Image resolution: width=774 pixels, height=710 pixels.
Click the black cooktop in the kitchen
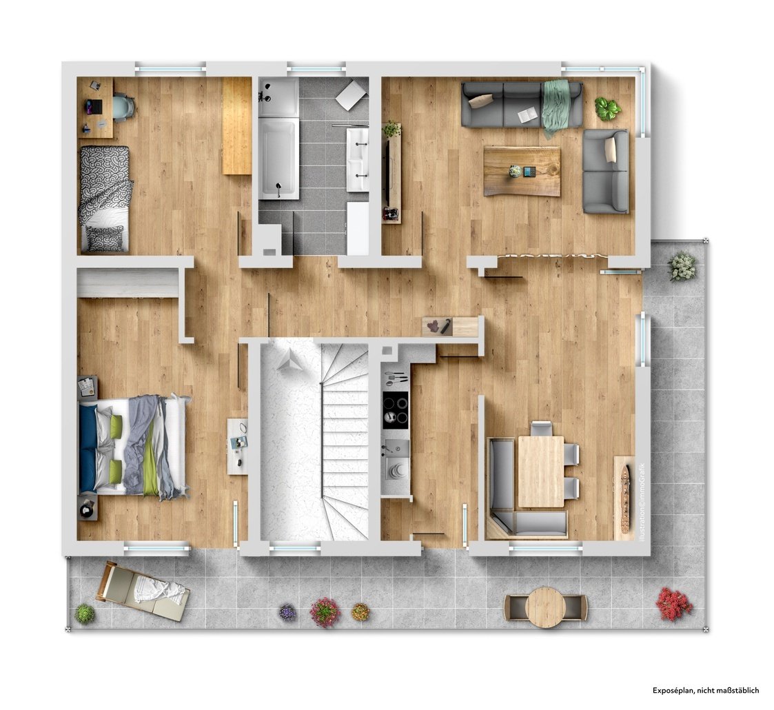tap(396, 410)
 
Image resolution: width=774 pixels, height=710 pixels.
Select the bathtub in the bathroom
tap(279, 159)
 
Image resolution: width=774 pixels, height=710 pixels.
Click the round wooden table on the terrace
tap(545, 607)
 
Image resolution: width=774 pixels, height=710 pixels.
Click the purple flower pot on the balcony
tap(287, 612)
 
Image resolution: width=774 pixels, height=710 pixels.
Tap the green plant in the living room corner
tap(608, 108)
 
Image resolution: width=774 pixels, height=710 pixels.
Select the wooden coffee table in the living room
tap(522, 172)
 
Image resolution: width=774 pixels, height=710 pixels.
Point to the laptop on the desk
tap(94, 105)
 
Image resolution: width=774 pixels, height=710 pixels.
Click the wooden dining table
tap(541, 471)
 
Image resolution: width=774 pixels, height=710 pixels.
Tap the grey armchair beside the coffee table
tap(606, 171)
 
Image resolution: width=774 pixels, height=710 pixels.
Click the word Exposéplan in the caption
tap(672, 690)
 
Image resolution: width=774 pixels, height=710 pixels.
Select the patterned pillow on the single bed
tap(105, 238)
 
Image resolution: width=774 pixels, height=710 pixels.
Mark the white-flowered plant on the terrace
tap(682, 266)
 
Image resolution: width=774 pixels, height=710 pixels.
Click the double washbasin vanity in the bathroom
tap(358, 159)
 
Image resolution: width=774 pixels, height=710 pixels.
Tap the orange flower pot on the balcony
tap(360, 611)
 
